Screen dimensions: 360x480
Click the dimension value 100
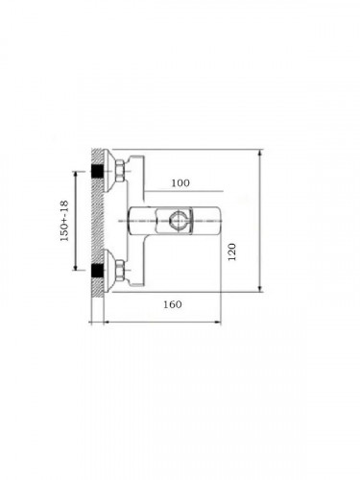[x=180, y=183]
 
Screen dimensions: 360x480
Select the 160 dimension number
[x=173, y=304]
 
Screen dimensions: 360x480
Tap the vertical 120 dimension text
[x=232, y=252]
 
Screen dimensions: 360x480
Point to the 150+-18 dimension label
[x=64, y=221]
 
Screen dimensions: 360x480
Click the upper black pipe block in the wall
[x=97, y=172]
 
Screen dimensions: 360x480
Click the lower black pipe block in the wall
[x=97, y=270]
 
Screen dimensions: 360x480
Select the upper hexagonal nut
[x=120, y=171]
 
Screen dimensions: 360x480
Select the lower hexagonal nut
[x=120, y=271]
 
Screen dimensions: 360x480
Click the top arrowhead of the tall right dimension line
[x=260, y=153]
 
